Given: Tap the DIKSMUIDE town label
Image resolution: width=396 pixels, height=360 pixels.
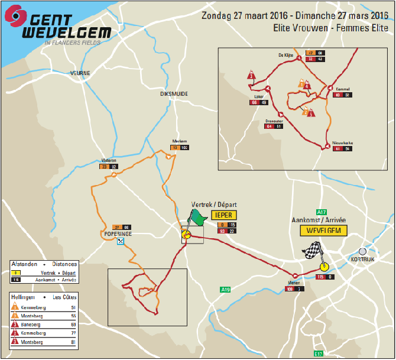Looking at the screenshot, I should pyautogui.click(x=173, y=93).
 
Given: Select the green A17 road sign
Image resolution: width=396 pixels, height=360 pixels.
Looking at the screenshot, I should pyautogui.click(x=322, y=212).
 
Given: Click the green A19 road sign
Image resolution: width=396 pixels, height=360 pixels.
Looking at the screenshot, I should pyautogui.click(x=225, y=290).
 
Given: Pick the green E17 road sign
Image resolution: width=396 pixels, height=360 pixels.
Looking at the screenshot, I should pyautogui.click(x=319, y=353).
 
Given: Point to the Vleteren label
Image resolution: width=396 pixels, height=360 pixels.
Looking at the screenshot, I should pyautogui.click(x=109, y=160).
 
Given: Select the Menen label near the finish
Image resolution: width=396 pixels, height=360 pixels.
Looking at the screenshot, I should pyautogui.click(x=293, y=283).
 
